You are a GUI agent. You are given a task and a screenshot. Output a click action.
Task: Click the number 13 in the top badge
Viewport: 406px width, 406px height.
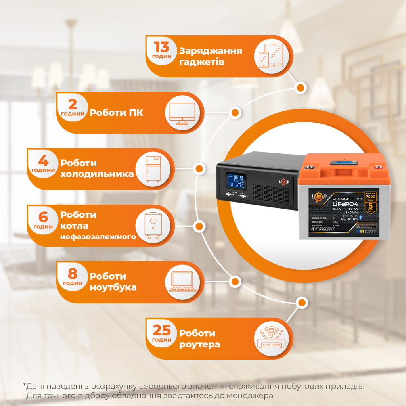tap(162, 47)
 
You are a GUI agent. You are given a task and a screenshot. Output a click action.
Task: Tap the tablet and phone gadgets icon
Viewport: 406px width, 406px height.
tap(271, 56)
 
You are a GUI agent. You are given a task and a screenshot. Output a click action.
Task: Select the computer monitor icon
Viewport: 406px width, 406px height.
tap(182, 113)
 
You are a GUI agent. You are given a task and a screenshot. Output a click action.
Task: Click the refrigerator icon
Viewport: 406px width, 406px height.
tap(153, 169)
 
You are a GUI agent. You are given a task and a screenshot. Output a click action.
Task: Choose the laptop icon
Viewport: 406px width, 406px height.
tap(183, 282)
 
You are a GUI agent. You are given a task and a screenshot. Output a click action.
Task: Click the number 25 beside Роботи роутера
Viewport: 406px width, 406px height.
tap(162, 330)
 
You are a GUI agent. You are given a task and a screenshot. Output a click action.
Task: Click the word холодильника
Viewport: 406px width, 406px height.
tap(97, 174)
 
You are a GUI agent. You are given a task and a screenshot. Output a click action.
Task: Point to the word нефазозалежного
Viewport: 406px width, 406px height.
tap(98, 237)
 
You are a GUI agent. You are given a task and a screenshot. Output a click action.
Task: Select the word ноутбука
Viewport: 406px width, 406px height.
tap(113, 287)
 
